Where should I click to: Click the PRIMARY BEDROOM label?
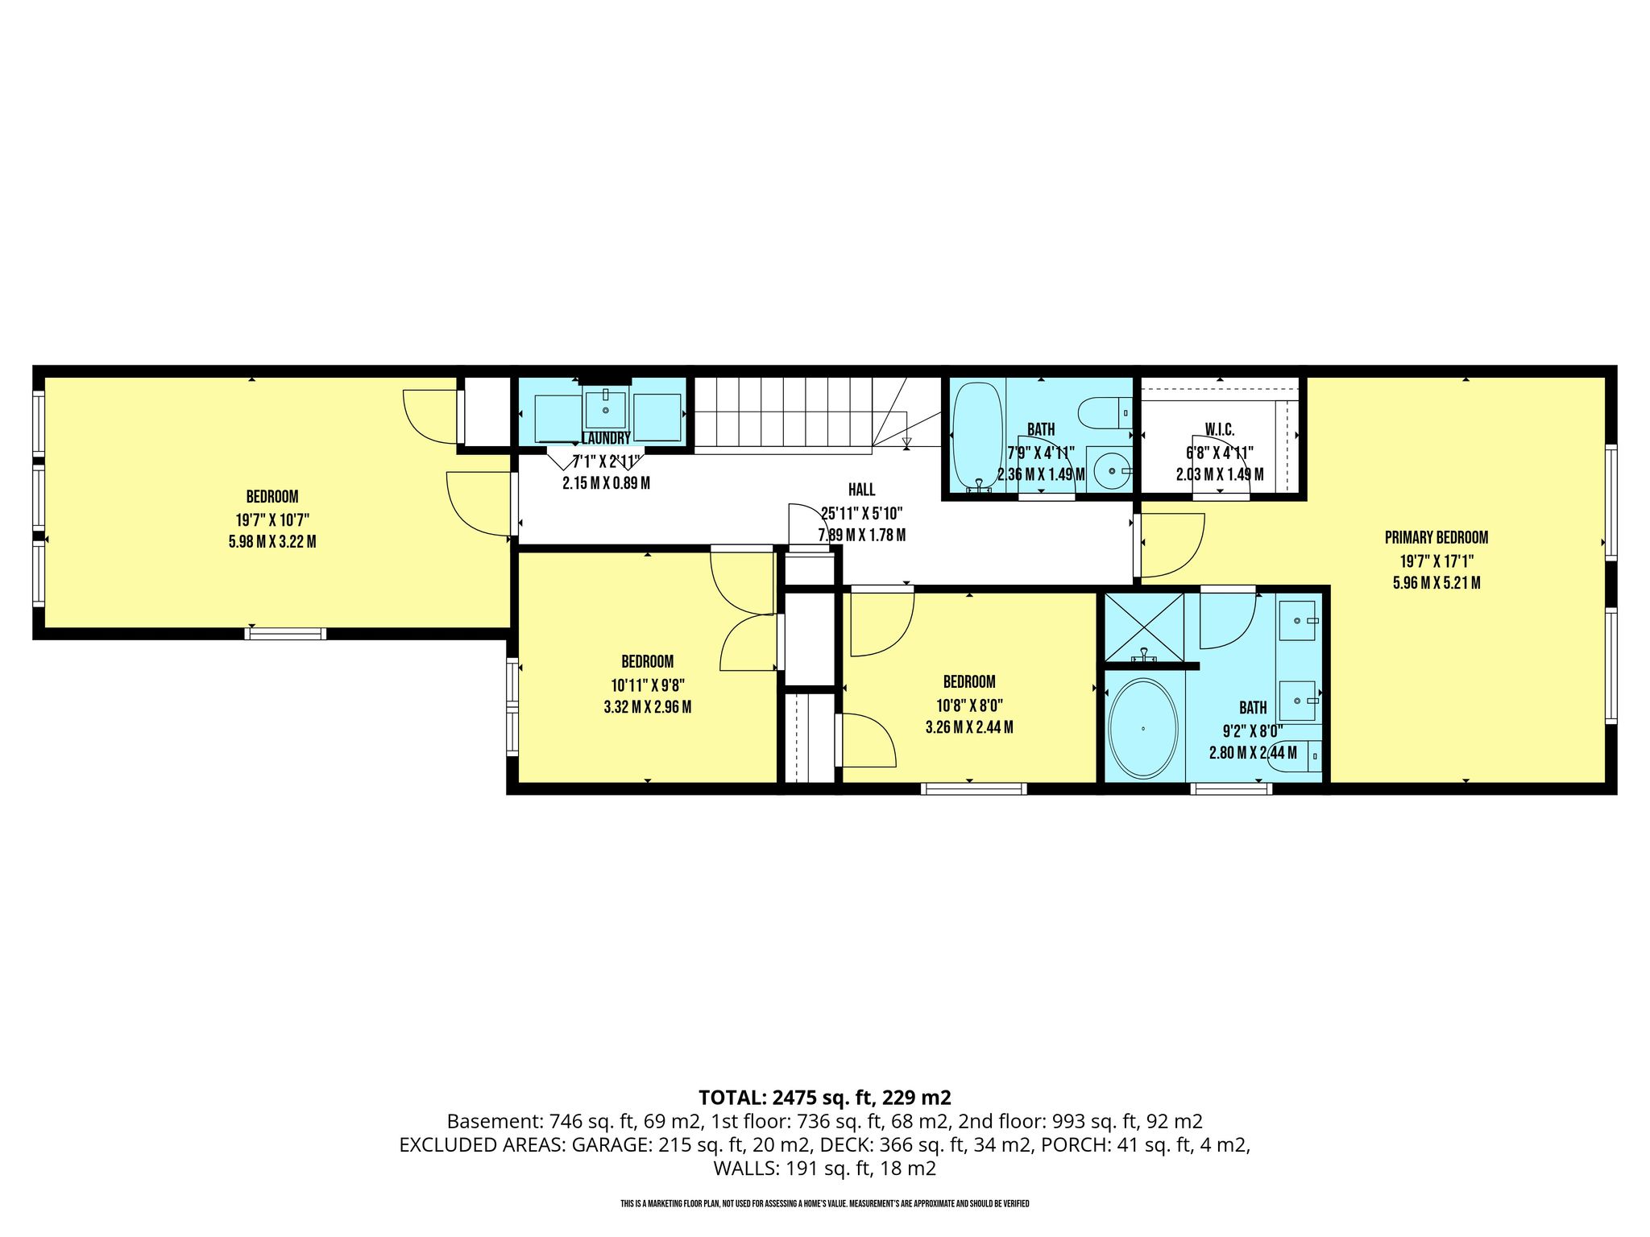tap(1436, 537)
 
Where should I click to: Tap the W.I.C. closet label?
tap(1220, 429)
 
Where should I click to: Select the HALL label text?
tap(861, 490)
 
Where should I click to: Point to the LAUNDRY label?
tap(606, 439)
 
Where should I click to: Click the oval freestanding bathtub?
tap(1143, 729)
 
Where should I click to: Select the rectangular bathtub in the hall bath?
tap(977, 435)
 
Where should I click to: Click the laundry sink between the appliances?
tap(605, 409)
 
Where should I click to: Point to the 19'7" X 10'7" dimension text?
tap(272, 519)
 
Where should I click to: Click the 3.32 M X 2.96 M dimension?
tap(647, 708)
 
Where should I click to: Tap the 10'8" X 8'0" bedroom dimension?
tap(969, 705)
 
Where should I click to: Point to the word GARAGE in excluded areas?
tap(609, 1144)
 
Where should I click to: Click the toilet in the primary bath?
tap(1296, 757)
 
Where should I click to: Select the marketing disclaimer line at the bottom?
tap(825, 1204)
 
